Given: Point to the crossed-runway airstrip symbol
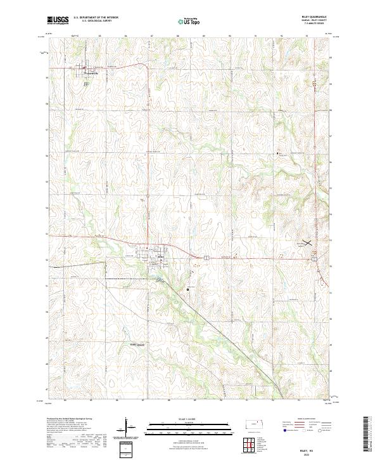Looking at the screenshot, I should coord(307,242).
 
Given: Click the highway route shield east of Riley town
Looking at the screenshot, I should coord(206,257).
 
